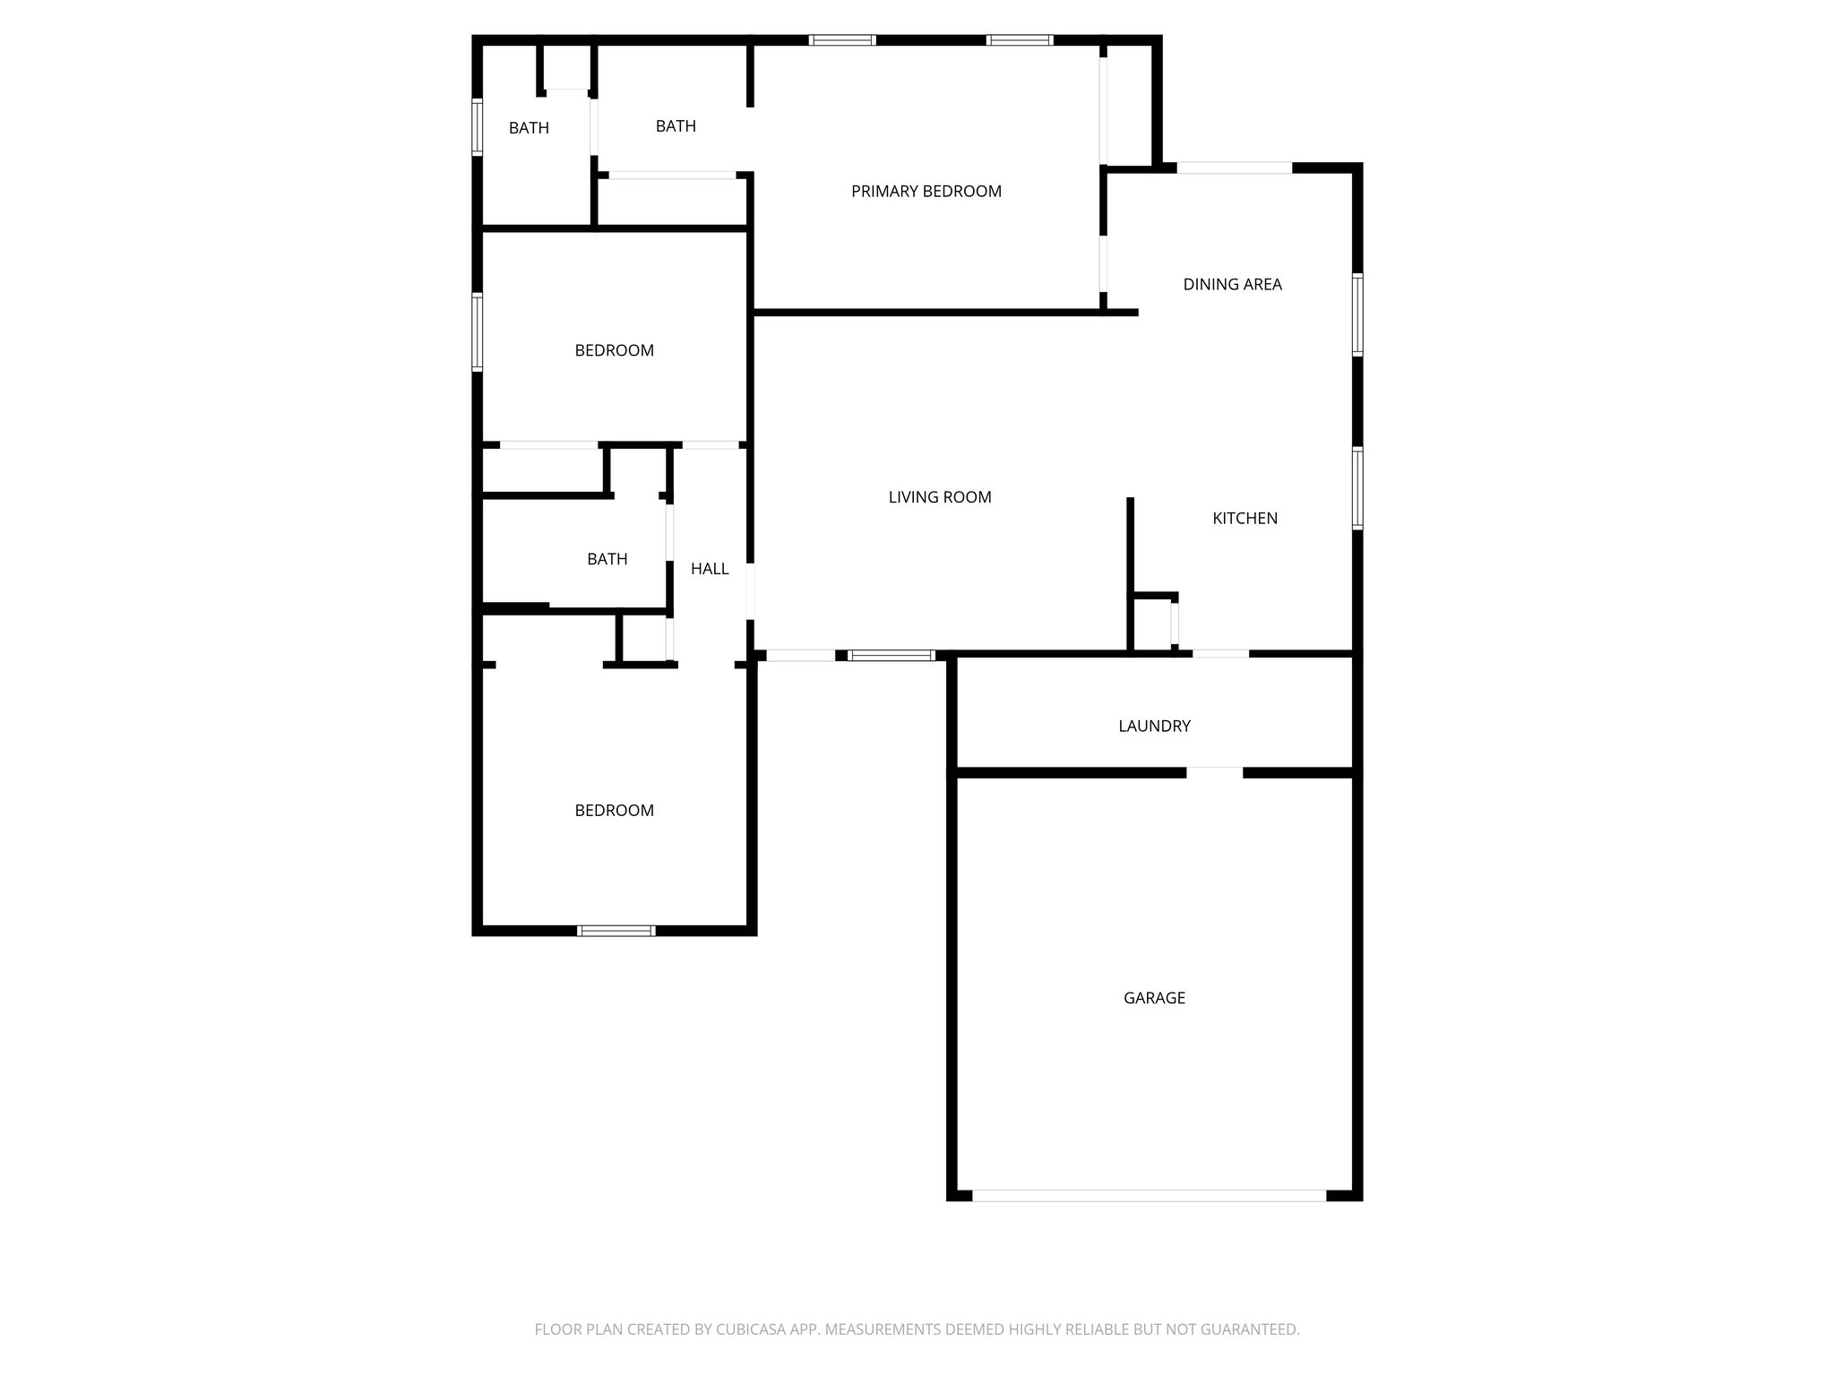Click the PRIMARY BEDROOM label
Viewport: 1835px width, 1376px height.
[926, 191]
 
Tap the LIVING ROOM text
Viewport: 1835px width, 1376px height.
[940, 497]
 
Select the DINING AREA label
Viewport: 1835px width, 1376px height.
[1232, 284]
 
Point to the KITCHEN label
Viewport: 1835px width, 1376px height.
[1245, 518]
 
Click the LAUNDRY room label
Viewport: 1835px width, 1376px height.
[1154, 726]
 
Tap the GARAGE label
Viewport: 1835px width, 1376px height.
[1154, 997]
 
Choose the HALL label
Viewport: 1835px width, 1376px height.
[710, 568]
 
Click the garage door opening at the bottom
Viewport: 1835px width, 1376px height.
[1149, 1195]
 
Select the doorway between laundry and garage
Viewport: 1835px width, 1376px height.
[1214, 771]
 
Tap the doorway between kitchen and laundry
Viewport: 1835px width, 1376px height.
[1220, 653]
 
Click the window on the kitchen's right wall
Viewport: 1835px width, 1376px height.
[1357, 488]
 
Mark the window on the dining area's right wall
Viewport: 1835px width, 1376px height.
[1357, 314]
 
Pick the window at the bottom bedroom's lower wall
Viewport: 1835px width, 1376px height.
[616, 931]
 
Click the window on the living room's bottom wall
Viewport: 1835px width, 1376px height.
[892, 656]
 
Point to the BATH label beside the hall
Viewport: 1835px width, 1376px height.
[607, 559]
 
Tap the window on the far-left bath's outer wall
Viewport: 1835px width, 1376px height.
[478, 127]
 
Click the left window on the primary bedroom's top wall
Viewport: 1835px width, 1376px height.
[841, 40]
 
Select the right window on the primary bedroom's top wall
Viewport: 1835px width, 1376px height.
[1019, 40]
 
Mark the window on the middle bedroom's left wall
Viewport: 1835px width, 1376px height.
[478, 331]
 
